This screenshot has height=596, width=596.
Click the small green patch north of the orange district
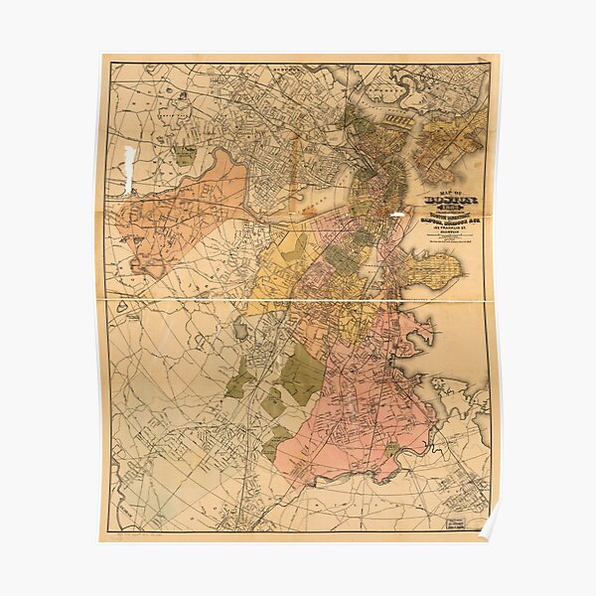pos(184,155)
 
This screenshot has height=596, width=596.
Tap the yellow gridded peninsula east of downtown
pos(434,266)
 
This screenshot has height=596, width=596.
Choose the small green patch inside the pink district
pos(390,450)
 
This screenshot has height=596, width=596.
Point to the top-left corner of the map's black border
pos(110,65)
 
